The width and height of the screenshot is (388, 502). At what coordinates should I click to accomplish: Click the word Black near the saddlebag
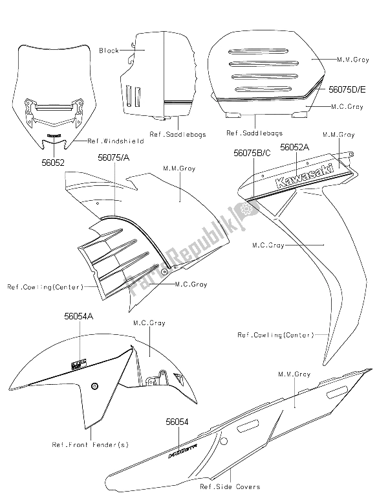108,51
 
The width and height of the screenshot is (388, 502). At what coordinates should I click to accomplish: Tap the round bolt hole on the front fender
95,387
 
